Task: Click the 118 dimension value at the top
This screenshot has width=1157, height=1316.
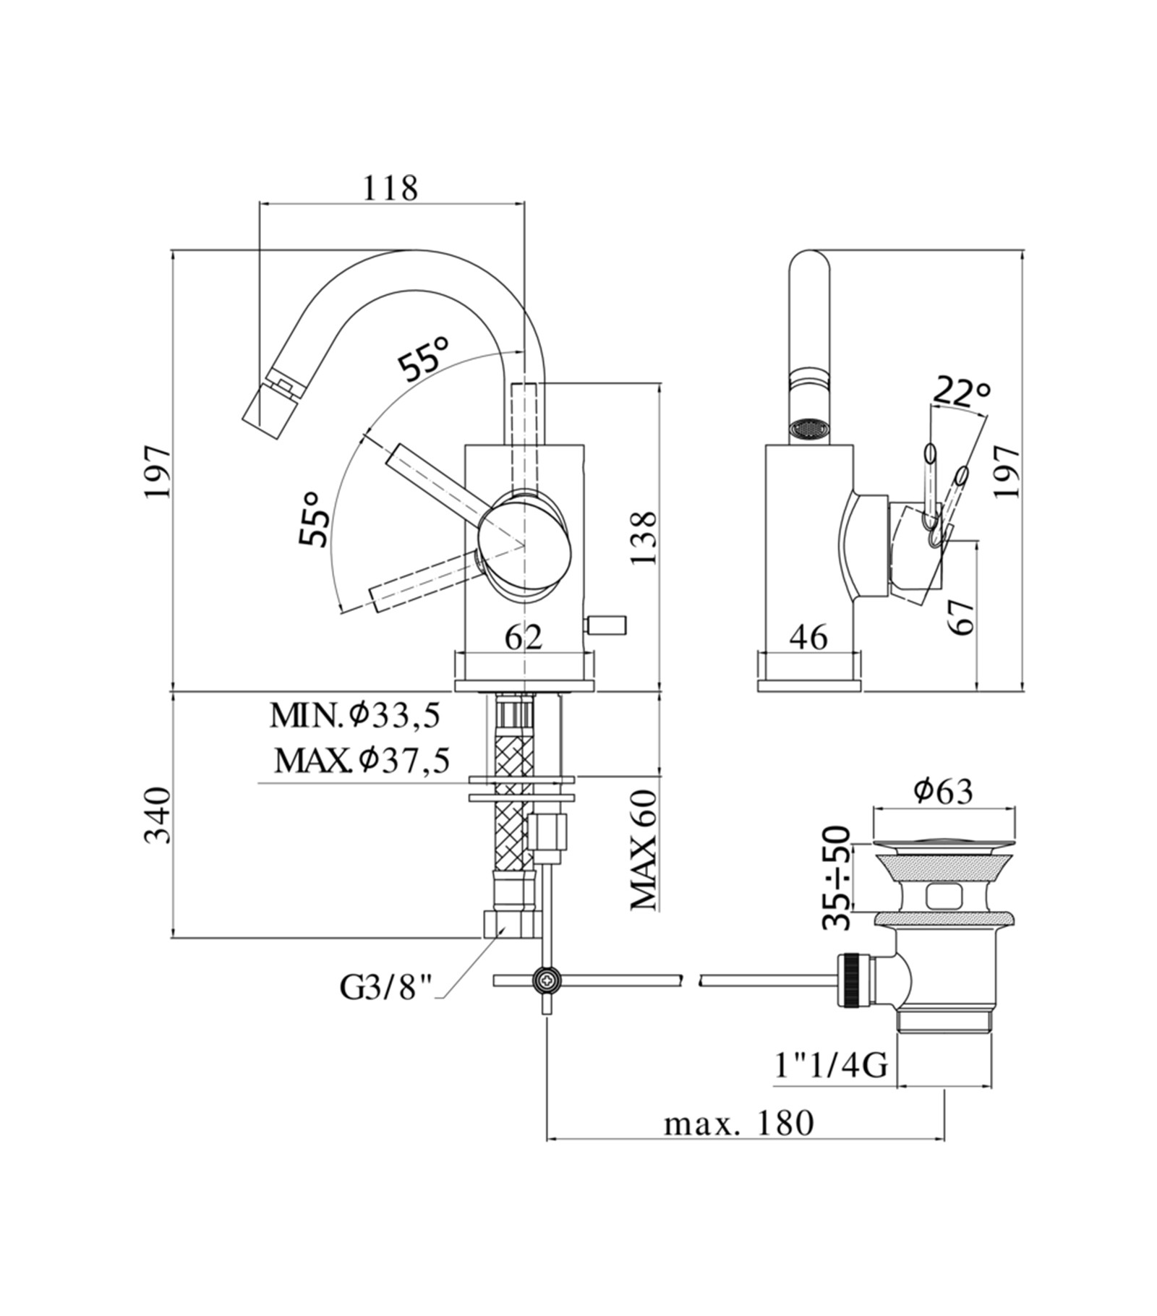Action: [390, 189]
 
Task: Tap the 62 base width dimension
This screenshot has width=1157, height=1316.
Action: [523, 637]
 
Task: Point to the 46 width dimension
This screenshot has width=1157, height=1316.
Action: [808, 637]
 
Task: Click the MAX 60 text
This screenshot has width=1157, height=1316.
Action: [643, 850]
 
